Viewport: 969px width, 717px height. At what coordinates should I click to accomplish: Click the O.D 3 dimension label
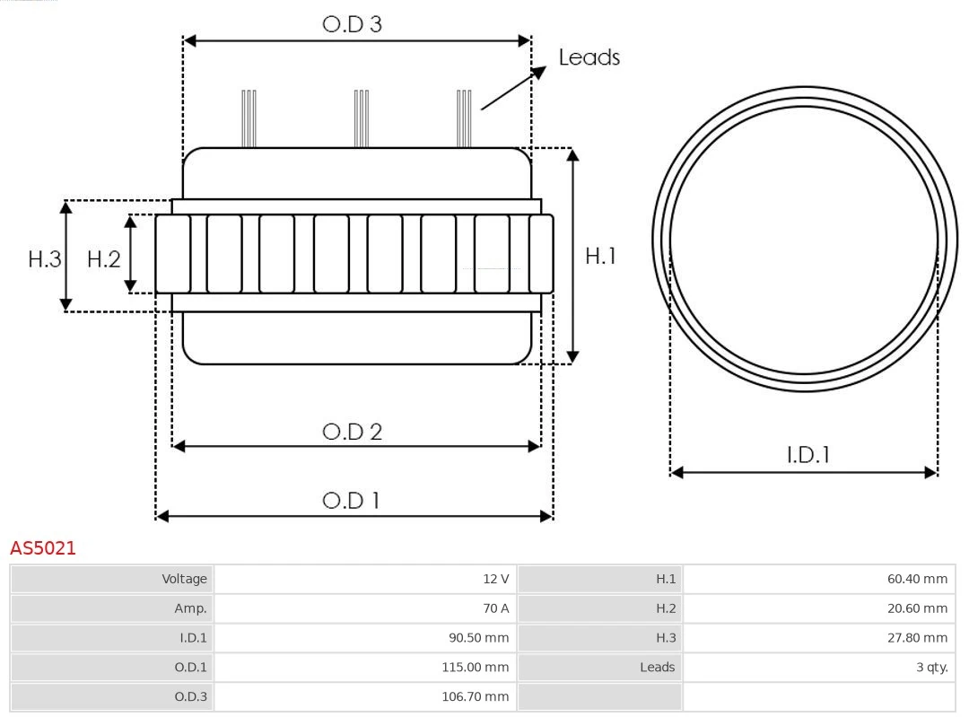(x=352, y=24)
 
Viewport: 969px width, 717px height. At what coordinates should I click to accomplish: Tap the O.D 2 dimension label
(x=352, y=432)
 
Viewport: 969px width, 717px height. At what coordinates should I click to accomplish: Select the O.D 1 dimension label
(x=351, y=500)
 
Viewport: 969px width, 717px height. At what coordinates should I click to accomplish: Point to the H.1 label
(x=600, y=256)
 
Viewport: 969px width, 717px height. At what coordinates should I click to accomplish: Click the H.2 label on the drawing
(x=103, y=259)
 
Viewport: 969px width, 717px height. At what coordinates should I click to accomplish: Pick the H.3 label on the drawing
(x=44, y=259)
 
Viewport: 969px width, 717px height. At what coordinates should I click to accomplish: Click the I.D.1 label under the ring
(x=807, y=455)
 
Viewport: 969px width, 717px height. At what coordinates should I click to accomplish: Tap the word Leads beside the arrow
(x=589, y=57)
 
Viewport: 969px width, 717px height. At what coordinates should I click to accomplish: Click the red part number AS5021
(x=43, y=548)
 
